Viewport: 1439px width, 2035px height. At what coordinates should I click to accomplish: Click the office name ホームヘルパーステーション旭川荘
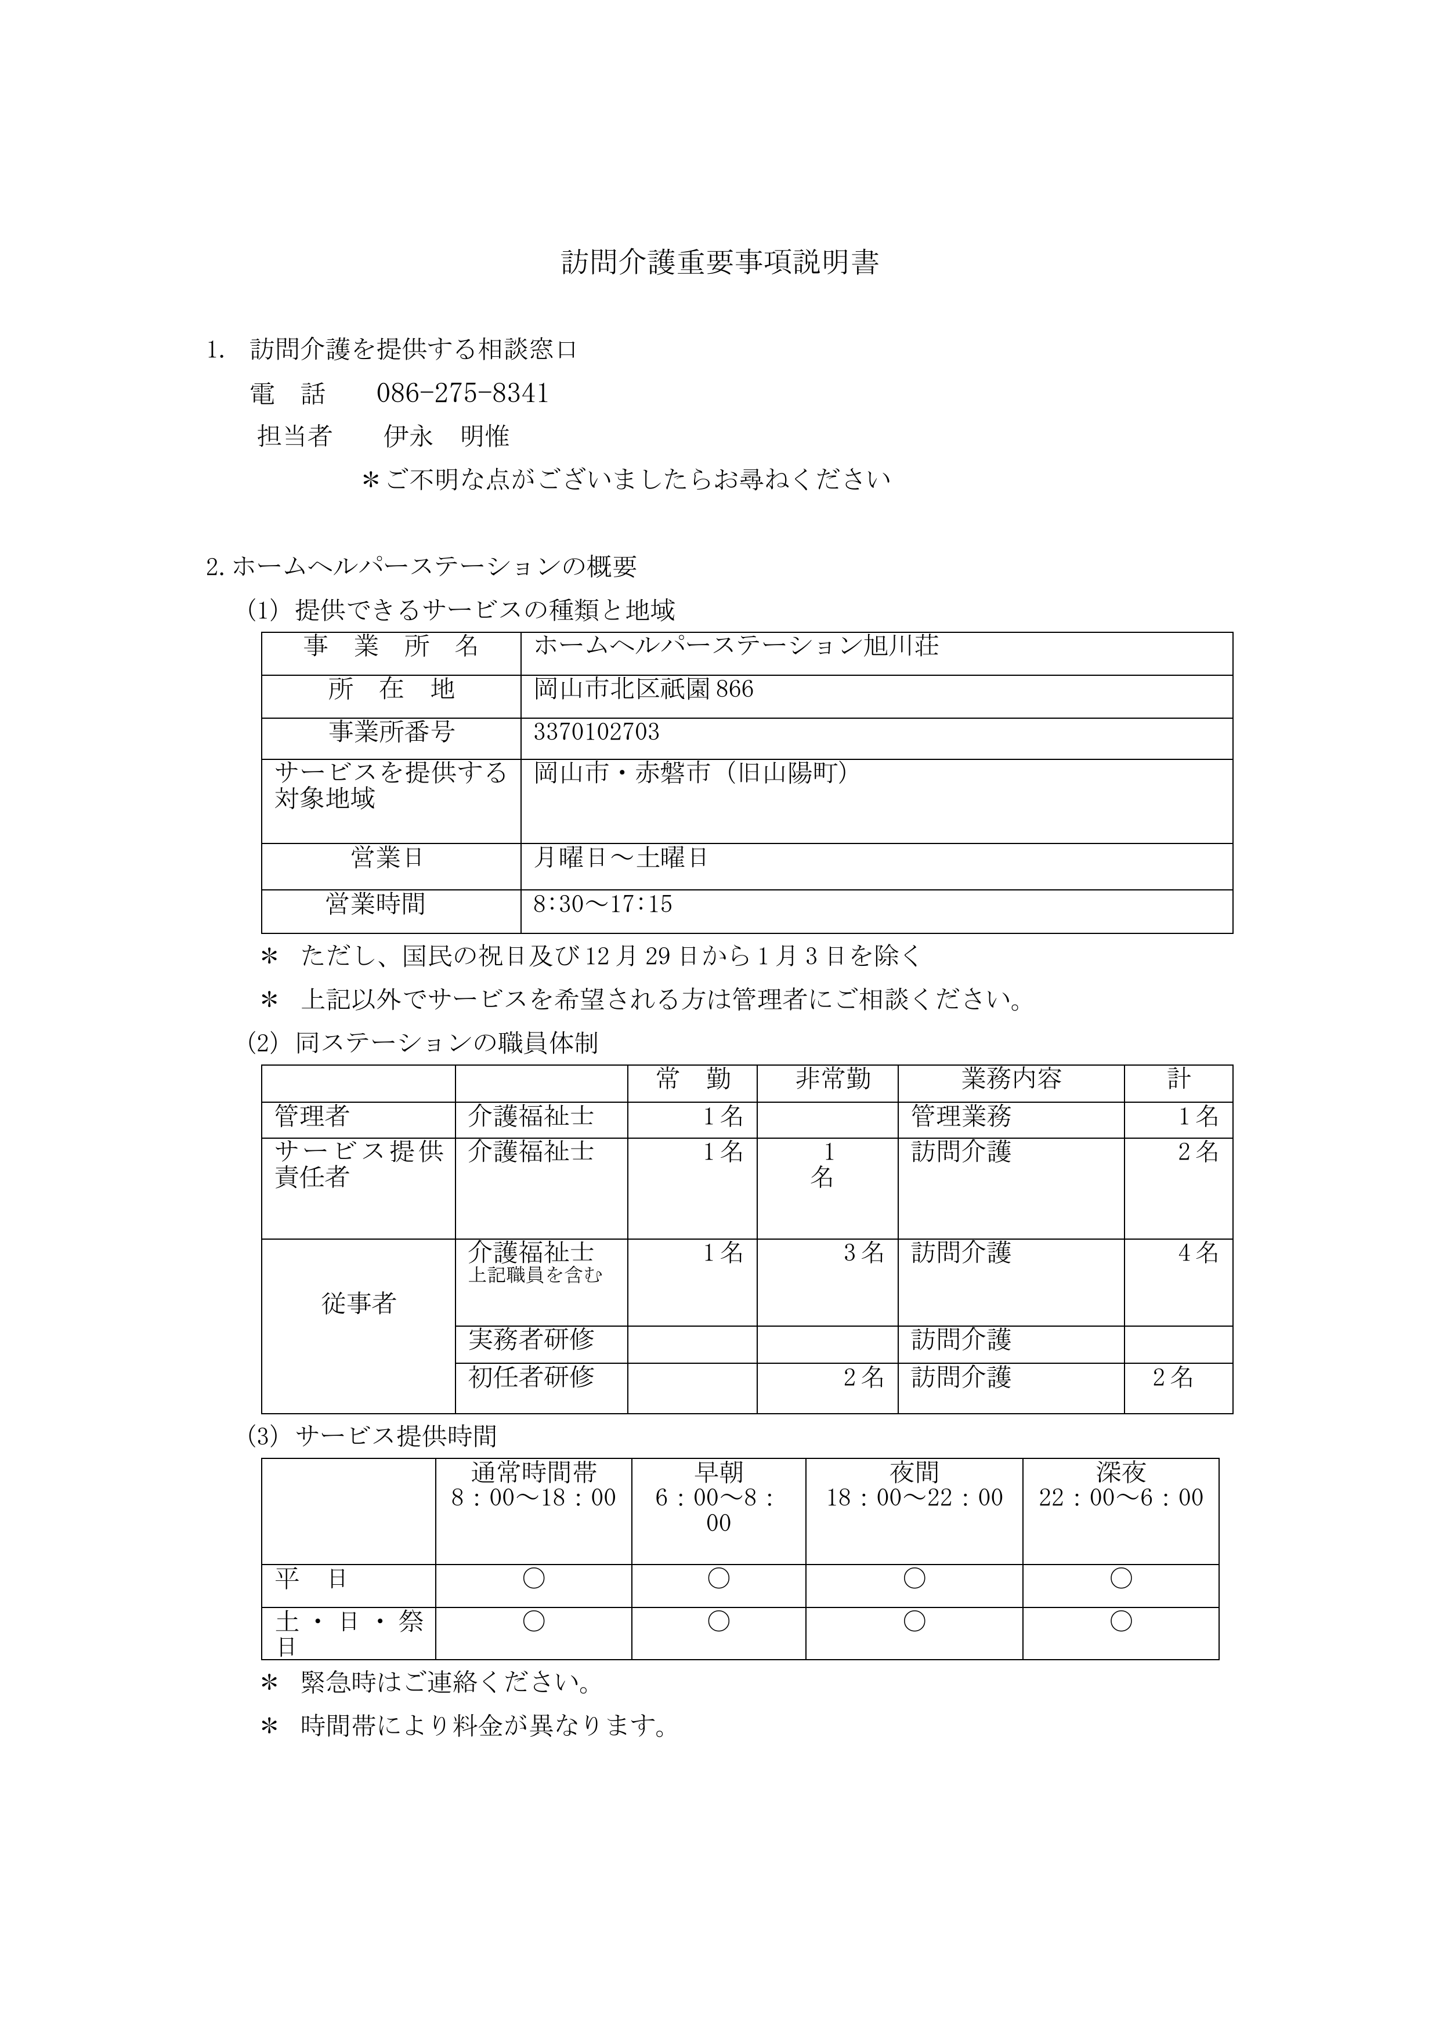click(736, 646)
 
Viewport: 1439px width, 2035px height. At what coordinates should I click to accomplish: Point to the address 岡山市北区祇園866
click(643, 689)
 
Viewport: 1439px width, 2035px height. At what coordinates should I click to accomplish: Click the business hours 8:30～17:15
click(603, 904)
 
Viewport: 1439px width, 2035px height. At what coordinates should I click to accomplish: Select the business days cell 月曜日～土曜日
click(621, 858)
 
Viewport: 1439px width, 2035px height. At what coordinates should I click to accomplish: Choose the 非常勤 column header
click(833, 1078)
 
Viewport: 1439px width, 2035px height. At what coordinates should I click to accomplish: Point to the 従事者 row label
click(358, 1303)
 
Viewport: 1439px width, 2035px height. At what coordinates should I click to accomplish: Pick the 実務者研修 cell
click(531, 1338)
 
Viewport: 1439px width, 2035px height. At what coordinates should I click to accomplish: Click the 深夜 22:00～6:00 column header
click(1120, 1484)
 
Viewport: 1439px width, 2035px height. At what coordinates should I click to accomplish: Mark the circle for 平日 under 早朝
click(718, 1578)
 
